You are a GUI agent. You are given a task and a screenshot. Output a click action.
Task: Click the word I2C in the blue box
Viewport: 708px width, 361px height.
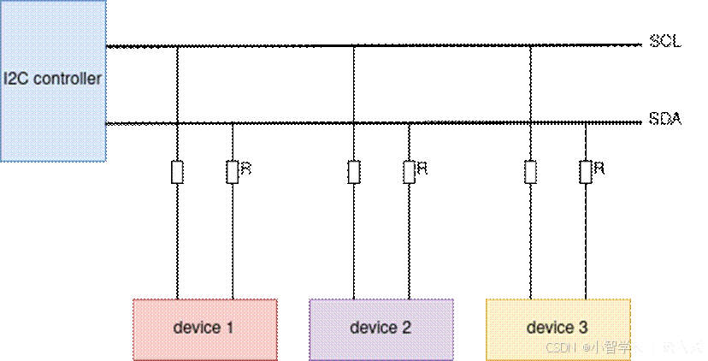[x=15, y=80]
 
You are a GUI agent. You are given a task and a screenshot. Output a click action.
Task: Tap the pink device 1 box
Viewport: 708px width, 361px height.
[x=204, y=328]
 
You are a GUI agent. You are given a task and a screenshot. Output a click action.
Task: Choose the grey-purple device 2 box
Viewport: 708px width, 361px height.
[x=381, y=328]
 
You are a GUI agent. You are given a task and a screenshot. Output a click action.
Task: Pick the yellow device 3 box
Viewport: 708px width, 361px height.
[x=558, y=328]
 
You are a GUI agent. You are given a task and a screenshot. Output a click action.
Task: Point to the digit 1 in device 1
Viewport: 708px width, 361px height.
[x=229, y=328]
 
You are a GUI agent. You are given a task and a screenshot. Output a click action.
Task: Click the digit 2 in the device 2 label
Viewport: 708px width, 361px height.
[x=406, y=328]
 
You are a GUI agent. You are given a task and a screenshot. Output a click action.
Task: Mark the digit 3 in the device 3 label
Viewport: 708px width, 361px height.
[x=582, y=328]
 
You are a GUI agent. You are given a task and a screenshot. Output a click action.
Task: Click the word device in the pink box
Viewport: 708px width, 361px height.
[x=196, y=328]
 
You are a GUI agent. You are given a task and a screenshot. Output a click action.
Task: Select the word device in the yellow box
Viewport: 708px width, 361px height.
[x=550, y=328]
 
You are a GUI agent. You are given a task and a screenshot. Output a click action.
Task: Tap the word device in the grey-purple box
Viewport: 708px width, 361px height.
[x=373, y=328]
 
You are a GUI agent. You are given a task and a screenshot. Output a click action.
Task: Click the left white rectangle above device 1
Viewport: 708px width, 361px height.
[x=177, y=172]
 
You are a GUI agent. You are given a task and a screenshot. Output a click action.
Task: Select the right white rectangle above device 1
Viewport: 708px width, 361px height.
[x=233, y=172]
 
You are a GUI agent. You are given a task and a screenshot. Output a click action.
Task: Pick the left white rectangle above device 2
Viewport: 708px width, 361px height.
[x=354, y=172]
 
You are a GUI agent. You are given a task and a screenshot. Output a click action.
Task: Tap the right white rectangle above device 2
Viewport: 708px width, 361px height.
[x=410, y=172]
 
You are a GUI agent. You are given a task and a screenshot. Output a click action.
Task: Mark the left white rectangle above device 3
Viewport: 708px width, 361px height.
[x=531, y=172]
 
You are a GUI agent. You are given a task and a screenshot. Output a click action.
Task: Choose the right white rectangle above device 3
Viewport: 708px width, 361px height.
[x=586, y=172]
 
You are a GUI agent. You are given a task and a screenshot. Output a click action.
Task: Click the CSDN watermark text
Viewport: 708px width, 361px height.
[x=558, y=347]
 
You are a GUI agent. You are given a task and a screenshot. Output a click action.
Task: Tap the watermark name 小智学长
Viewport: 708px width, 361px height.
[x=616, y=347]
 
